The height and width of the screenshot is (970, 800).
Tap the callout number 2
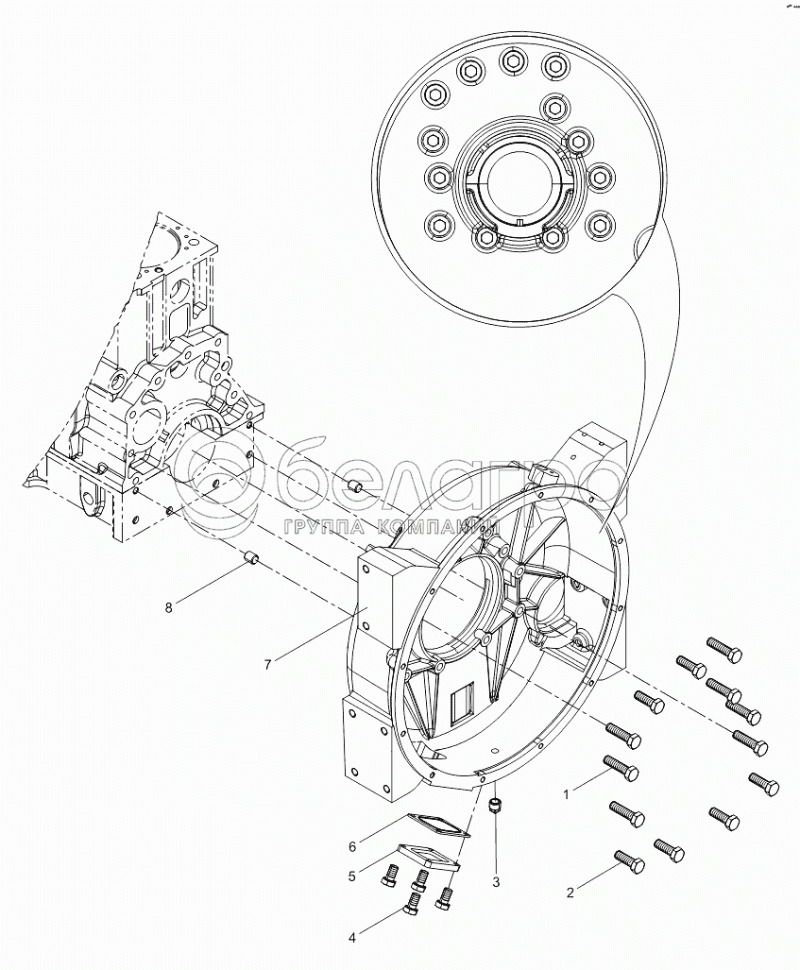point(570,892)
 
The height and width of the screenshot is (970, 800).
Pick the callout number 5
point(351,876)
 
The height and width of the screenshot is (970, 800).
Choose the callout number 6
point(351,845)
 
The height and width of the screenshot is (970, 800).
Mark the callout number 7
point(267,666)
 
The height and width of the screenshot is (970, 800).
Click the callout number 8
point(168,607)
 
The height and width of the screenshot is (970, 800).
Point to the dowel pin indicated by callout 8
point(252,558)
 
